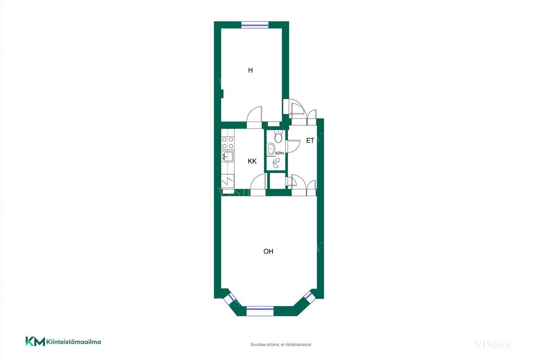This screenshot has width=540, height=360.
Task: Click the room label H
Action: tap(251, 70)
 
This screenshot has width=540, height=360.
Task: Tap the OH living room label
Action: tap(268, 252)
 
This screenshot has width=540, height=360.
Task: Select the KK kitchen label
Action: tap(252, 161)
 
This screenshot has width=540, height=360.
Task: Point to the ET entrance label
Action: tap(310, 141)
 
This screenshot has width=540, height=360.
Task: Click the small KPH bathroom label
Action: tap(280, 153)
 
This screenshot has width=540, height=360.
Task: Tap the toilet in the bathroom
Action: tap(278, 136)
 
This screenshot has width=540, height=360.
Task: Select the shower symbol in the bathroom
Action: tap(276, 163)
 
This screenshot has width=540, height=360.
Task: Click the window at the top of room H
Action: tap(255, 25)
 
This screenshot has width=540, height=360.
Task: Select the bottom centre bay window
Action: tap(260, 311)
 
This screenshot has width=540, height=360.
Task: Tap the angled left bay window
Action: tap(229, 299)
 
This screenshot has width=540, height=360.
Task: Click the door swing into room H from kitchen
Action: tap(254, 117)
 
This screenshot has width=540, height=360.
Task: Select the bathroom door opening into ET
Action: tap(293, 146)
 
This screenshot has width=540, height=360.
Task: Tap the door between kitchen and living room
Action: tap(258, 185)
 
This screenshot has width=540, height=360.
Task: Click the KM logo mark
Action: tap(35, 341)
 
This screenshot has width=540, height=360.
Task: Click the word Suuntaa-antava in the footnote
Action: tap(265, 344)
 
